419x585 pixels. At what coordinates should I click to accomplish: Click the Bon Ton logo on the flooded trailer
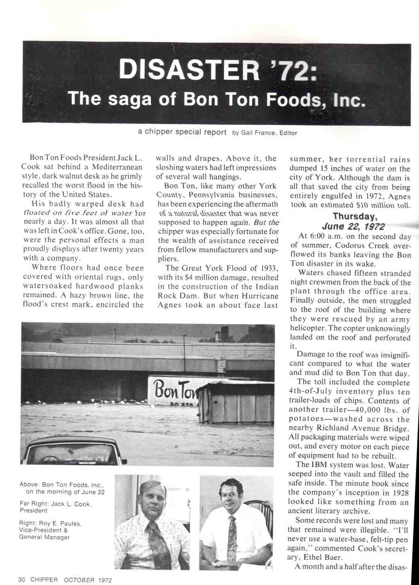(174, 390)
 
